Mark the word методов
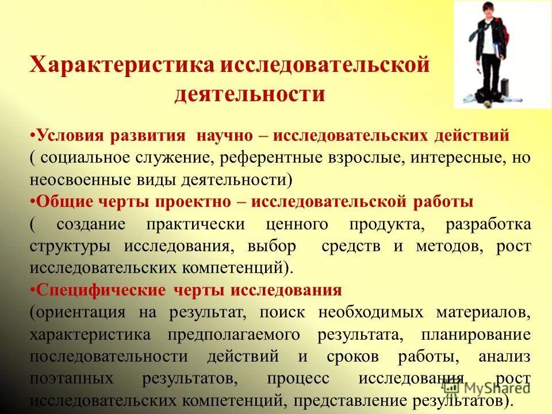coord(454,246)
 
